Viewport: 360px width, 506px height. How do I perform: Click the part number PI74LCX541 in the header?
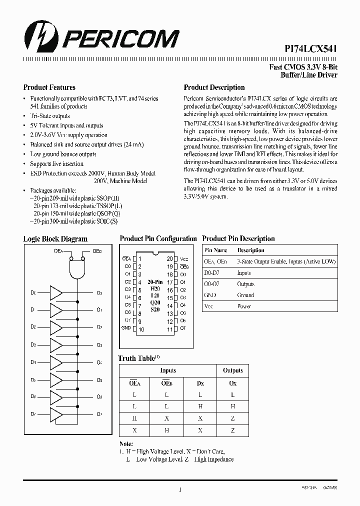point(307,48)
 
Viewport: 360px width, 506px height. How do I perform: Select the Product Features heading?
point(49,87)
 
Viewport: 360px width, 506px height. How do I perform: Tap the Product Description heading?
point(214,87)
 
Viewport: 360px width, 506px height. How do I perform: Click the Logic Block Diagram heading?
point(55,239)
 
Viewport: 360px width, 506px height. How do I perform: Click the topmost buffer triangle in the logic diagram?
point(55,293)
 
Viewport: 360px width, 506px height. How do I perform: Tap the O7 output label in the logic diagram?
point(99,414)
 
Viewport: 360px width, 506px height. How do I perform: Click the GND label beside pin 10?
point(126,328)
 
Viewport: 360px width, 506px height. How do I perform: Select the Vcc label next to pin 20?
point(184,259)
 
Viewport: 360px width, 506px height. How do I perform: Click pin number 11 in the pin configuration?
point(170,329)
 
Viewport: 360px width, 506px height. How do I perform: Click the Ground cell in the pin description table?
point(245,295)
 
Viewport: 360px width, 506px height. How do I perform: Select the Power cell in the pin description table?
point(244,306)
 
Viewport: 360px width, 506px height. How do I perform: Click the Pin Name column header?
point(216,250)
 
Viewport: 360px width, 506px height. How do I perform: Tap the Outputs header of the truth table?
point(232,370)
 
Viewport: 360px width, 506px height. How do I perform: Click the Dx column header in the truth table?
point(200,383)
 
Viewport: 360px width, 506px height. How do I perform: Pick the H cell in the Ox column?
point(232,406)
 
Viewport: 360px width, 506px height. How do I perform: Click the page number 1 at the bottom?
point(179,489)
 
